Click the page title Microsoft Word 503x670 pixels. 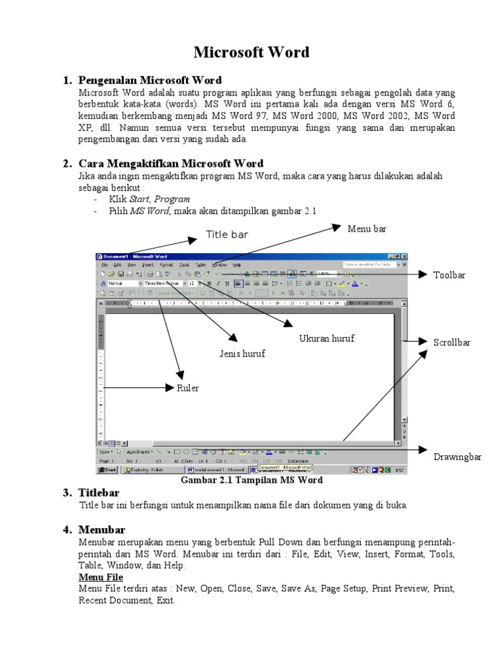251,52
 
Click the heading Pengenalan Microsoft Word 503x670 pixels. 150,80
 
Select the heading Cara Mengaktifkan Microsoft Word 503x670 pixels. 171,164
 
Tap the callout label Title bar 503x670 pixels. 227,234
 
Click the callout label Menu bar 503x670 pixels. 367,228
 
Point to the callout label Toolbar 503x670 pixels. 449,275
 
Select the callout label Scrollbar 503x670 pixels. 452,342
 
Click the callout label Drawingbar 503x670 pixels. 458,457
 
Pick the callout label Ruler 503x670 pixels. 187,388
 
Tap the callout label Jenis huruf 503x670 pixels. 242,354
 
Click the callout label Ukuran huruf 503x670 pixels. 327,338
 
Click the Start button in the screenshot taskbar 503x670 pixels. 107,470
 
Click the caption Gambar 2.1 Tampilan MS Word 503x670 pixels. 251,480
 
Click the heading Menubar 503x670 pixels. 102,529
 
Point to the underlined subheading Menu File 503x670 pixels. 101,577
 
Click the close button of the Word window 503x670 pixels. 404,256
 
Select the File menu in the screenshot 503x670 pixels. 104,264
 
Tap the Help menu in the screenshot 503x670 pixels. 236,264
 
